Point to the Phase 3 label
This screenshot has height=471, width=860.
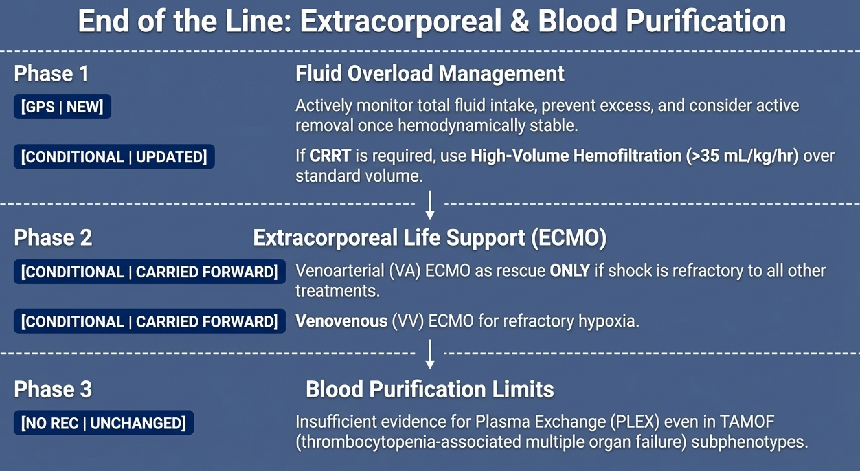pos(53,389)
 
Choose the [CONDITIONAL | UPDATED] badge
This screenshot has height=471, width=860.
pos(114,157)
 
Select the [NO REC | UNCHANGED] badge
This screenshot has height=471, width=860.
pos(103,423)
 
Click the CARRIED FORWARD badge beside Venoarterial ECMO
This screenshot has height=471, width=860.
pos(149,272)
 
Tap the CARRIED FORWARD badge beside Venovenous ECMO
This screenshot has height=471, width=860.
pos(149,321)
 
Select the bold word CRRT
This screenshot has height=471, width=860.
pos(330,156)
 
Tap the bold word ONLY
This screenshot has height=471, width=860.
pos(570,270)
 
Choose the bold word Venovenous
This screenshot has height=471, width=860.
pos(341,321)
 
